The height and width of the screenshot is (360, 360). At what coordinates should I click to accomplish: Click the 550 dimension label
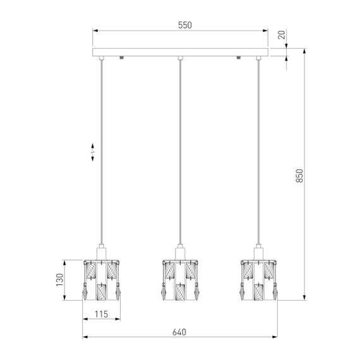tap(185, 25)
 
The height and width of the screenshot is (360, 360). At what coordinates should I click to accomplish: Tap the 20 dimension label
tap(282, 35)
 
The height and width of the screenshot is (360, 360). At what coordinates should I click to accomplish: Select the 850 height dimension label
tap(299, 176)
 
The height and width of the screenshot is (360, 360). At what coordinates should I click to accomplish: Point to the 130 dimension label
tap(60, 280)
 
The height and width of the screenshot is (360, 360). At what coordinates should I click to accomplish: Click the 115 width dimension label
tap(101, 314)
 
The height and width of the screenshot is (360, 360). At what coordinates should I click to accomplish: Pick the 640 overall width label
tap(179, 332)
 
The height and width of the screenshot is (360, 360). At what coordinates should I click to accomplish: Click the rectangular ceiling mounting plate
tap(180, 52)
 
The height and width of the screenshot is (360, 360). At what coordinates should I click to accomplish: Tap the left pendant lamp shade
tap(101, 280)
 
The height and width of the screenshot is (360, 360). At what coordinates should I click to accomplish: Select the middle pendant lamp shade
tap(180, 280)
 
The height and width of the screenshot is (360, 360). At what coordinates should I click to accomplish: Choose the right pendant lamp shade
tap(258, 280)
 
